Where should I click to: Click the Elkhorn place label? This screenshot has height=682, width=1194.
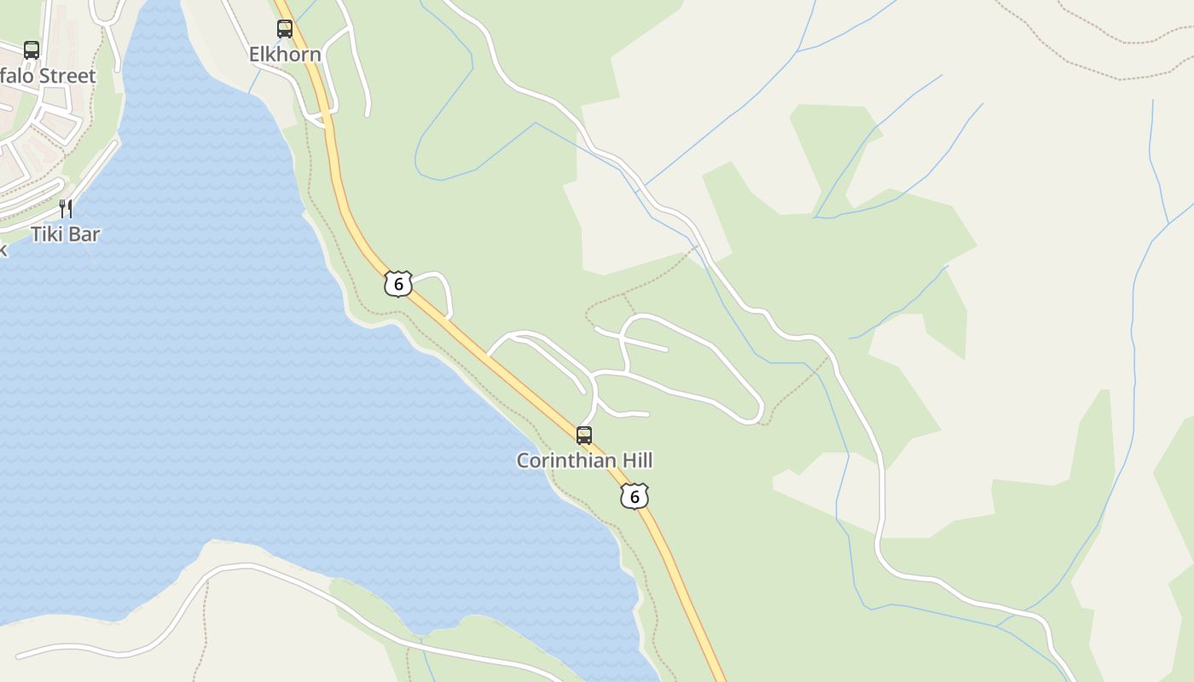[x=285, y=55]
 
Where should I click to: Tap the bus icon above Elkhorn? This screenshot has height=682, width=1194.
[x=285, y=29]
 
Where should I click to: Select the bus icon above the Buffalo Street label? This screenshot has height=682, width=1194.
[x=32, y=50]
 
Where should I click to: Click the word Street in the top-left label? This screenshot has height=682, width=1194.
[x=67, y=76]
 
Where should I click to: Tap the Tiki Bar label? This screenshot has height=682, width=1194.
[x=66, y=234]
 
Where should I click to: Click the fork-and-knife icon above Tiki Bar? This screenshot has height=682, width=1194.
[x=66, y=208]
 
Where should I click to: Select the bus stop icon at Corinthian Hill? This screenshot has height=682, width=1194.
[x=584, y=436]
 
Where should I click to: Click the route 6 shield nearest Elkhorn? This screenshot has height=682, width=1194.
[x=397, y=284]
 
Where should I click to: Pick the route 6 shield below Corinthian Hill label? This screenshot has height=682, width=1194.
[x=635, y=496]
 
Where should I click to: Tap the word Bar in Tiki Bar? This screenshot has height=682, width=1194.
[x=84, y=234]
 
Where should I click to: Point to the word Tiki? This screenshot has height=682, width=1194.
[x=48, y=234]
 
